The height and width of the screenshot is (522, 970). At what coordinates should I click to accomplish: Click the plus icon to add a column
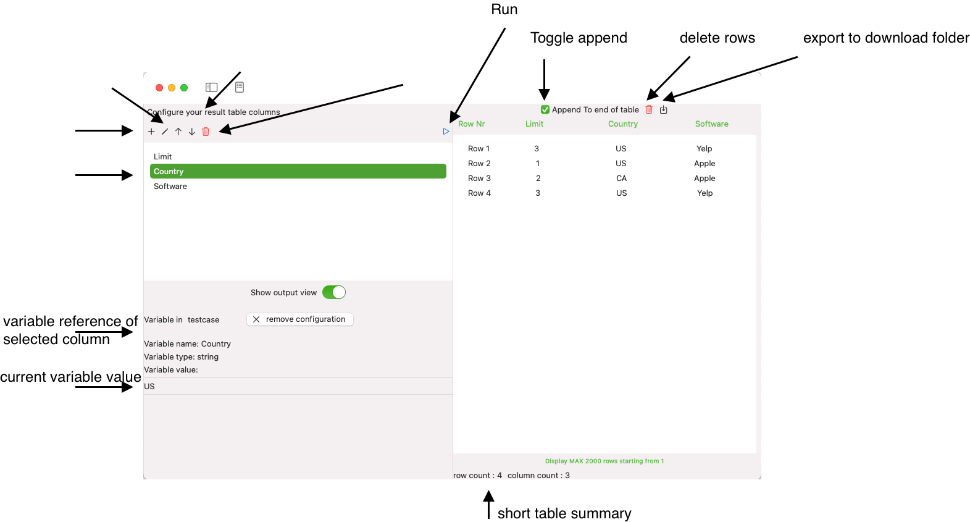[151, 132]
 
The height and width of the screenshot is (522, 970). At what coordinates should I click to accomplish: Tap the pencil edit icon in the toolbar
[165, 132]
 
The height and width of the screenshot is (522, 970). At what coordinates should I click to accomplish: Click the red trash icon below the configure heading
[206, 132]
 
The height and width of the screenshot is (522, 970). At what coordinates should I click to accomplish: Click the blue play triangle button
[446, 132]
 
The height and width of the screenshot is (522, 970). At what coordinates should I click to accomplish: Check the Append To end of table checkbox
[545, 110]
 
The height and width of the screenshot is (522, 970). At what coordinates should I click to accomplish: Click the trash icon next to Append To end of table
[649, 110]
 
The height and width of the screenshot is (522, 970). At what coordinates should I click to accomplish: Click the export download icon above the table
[664, 110]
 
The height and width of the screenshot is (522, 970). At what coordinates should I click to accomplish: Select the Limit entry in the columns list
[163, 157]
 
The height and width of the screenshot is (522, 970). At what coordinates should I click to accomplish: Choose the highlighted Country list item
[298, 172]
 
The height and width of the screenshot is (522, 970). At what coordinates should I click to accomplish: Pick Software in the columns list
[170, 187]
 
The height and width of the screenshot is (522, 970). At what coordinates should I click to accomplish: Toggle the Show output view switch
[334, 293]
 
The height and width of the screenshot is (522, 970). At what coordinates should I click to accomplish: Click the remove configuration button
[300, 319]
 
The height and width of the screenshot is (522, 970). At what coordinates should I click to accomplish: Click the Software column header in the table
[711, 124]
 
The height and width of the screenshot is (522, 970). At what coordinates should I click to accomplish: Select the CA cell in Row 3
[621, 179]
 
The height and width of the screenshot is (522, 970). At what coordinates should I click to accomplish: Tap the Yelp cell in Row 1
[704, 149]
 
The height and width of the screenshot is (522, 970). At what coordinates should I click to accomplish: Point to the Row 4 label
[479, 193]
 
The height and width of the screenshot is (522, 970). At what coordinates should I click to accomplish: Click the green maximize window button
[184, 88]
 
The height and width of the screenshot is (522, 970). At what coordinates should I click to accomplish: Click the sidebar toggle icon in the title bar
[212, 88]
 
